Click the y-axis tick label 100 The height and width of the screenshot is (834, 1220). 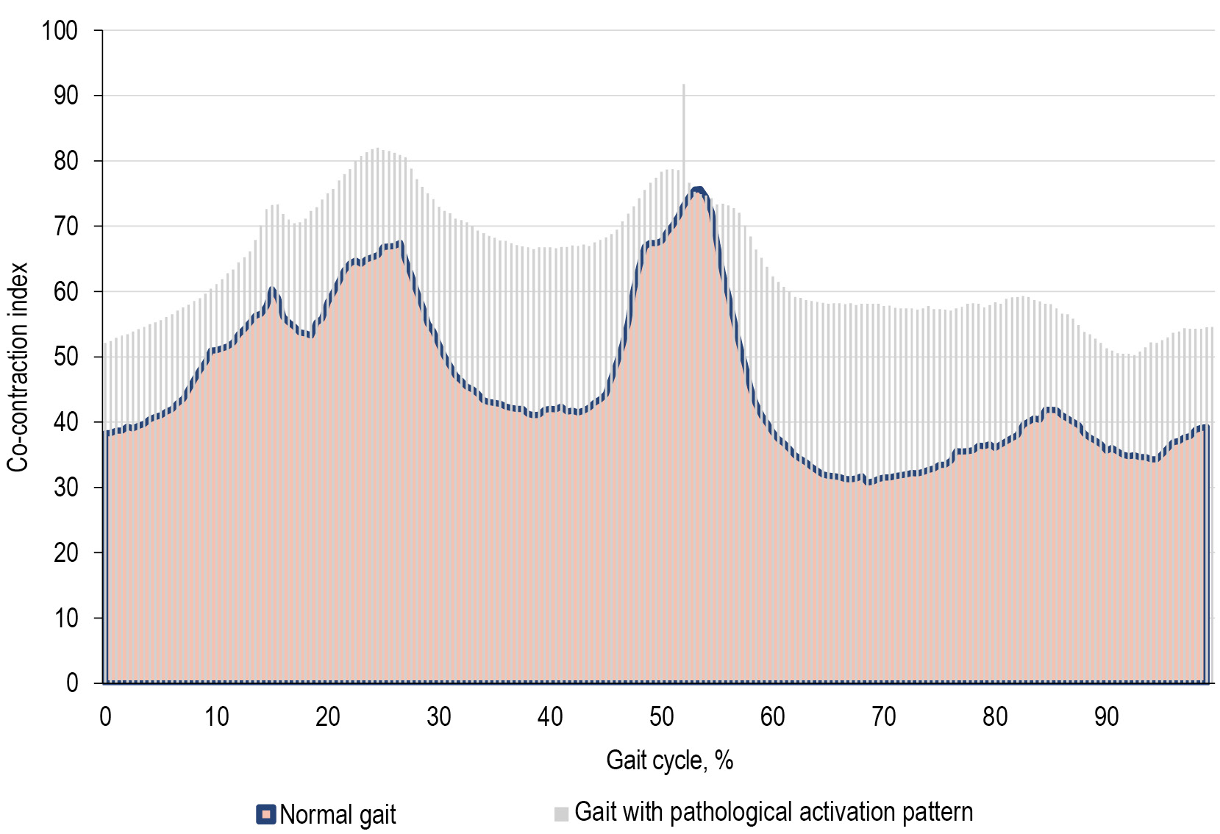[60, 31]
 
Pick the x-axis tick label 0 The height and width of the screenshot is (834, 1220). [106, 716]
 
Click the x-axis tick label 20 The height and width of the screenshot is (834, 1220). [328, 716]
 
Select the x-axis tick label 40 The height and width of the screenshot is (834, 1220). [550, 716]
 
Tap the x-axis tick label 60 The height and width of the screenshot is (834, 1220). [772, 716]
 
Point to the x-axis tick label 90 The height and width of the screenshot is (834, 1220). [1106, 716]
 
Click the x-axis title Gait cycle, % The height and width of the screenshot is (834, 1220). [669, 760]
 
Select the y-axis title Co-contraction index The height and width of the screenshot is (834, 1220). [18, 367]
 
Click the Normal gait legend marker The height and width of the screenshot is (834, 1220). [265, 814]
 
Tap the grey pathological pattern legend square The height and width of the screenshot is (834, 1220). [561, 814]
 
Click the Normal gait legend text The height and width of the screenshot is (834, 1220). [338, 815]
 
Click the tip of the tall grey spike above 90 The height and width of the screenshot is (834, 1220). [683, 85]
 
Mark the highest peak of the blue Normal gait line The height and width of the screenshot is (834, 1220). [697, 190]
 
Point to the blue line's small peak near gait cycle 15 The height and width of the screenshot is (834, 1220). [272, 289]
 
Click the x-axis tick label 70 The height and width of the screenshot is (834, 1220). [883, 716]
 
